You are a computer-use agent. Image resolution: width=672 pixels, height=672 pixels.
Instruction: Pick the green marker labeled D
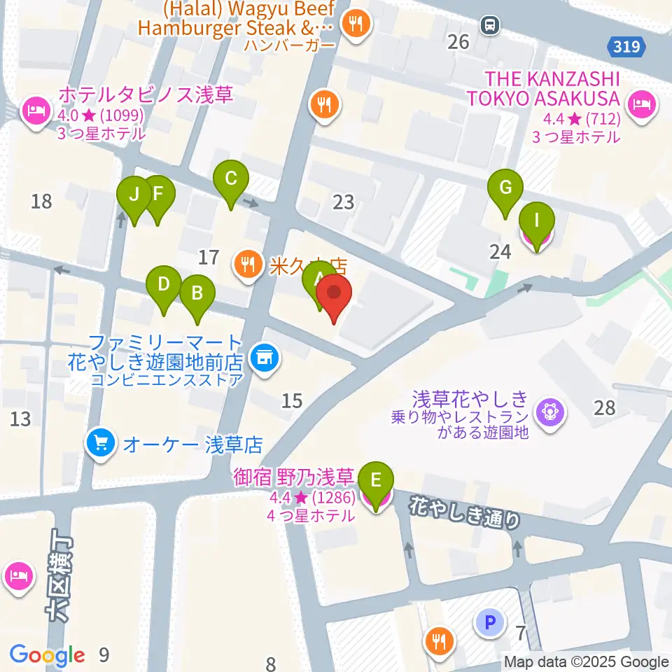[163, 285]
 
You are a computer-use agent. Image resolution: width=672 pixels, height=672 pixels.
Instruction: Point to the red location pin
[334, 293]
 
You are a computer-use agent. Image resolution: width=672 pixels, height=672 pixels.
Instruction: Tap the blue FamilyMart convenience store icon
[263, 358]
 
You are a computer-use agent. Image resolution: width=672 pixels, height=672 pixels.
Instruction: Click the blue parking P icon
[489, 620]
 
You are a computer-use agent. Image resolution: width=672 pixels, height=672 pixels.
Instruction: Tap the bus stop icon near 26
[489, 25]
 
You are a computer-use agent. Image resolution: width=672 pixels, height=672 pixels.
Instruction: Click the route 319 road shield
[624, 46]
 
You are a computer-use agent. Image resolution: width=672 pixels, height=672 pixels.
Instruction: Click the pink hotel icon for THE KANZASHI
[640, 105]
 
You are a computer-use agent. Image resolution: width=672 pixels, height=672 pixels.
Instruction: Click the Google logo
[48, 655]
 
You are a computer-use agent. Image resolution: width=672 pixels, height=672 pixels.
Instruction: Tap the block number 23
[343, 203]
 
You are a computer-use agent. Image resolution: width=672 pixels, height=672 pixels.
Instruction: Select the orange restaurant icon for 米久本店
[246, 265]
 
